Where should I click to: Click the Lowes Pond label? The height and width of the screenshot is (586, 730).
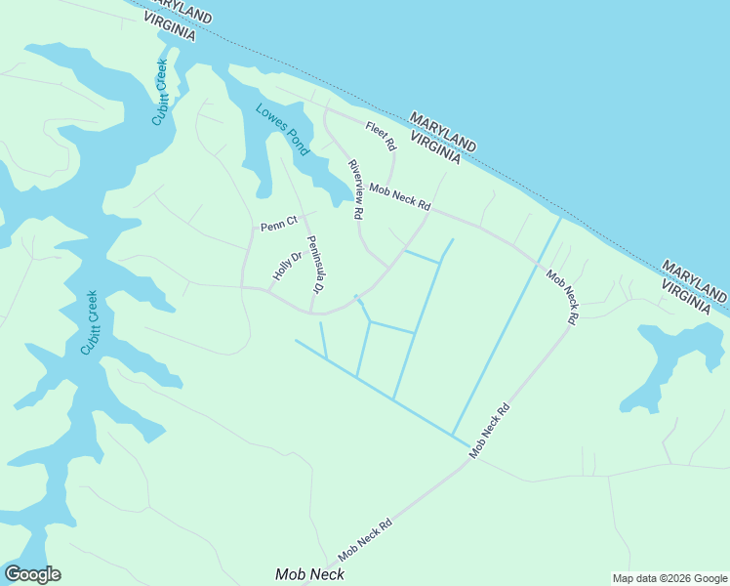282,129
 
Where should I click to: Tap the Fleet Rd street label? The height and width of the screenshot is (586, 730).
381,136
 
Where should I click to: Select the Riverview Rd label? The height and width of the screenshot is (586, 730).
356,188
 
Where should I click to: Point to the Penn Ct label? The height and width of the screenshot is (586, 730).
277,226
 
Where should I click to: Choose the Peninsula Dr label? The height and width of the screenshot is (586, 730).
314,265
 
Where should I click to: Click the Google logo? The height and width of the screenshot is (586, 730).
32,574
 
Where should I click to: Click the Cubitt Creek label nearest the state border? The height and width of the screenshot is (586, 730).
160,93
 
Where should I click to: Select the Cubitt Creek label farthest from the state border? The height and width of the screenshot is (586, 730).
90,323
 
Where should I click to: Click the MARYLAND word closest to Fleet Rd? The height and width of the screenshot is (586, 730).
443,131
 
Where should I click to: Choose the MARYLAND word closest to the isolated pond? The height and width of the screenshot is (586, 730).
696,273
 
